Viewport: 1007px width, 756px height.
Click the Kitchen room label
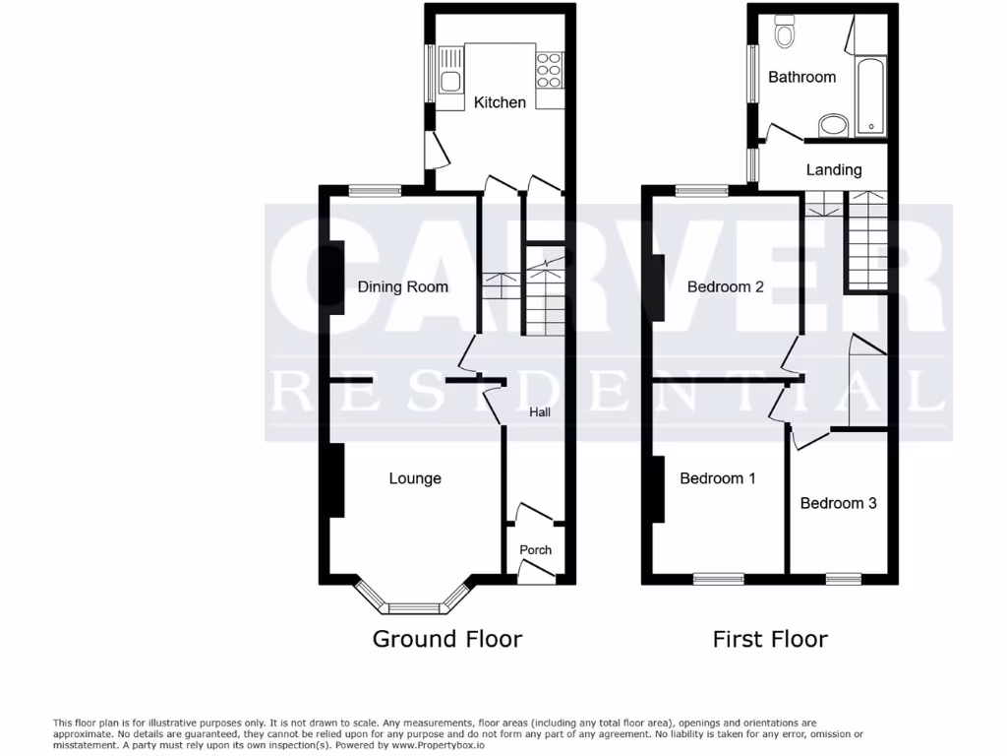(x=500, y=102)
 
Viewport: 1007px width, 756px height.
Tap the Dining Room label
(x=402, y=287)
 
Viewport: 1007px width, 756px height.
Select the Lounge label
(x=415, y=479)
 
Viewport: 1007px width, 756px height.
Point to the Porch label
(x=536, y=550)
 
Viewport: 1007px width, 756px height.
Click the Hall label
(x=540, y=412)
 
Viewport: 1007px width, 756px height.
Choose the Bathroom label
(x=801, y=77)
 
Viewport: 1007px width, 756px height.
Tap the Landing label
(x=834, y=170)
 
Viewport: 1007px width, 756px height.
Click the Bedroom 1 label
(x=718, y=479)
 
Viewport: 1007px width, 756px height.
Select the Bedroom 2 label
(x=726, y=287)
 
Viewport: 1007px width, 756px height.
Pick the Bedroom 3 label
(x=838, y=503)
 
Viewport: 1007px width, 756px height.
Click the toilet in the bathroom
(x=785, y=33)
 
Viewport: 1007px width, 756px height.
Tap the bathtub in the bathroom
(x=870, y=95)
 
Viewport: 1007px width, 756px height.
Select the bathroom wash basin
(x=833, y=125)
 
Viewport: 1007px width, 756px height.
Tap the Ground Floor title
(x=446, y=639)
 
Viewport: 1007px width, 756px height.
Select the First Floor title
(x=770, y=639)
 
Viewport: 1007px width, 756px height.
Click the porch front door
(x=535, y=569)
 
